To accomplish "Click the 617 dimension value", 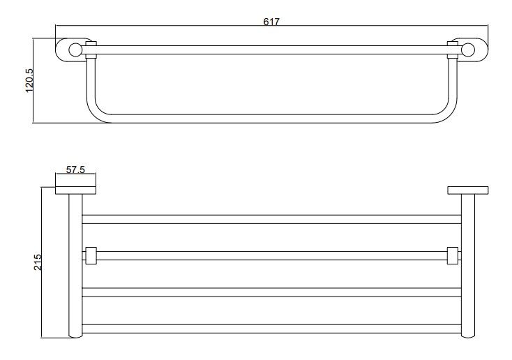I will (x=271, y=22).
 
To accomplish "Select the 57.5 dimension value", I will (x=75, y=170).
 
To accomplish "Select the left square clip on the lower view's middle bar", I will (x=89, y=255).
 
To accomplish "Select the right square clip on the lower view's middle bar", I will (x=452, y=255).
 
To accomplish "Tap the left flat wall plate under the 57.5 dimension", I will (x=75, y=190).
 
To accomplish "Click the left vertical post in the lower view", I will (x=75, y=265).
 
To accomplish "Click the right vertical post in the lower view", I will (x=468, y=265).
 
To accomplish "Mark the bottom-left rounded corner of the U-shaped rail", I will (x=96, y=113).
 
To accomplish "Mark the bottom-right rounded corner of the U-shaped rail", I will (x=446, y=113).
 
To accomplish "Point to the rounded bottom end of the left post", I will (x=75, y=338).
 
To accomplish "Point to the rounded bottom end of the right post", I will (x=468, y=338).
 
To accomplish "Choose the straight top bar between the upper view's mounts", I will (x=272, y=49).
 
